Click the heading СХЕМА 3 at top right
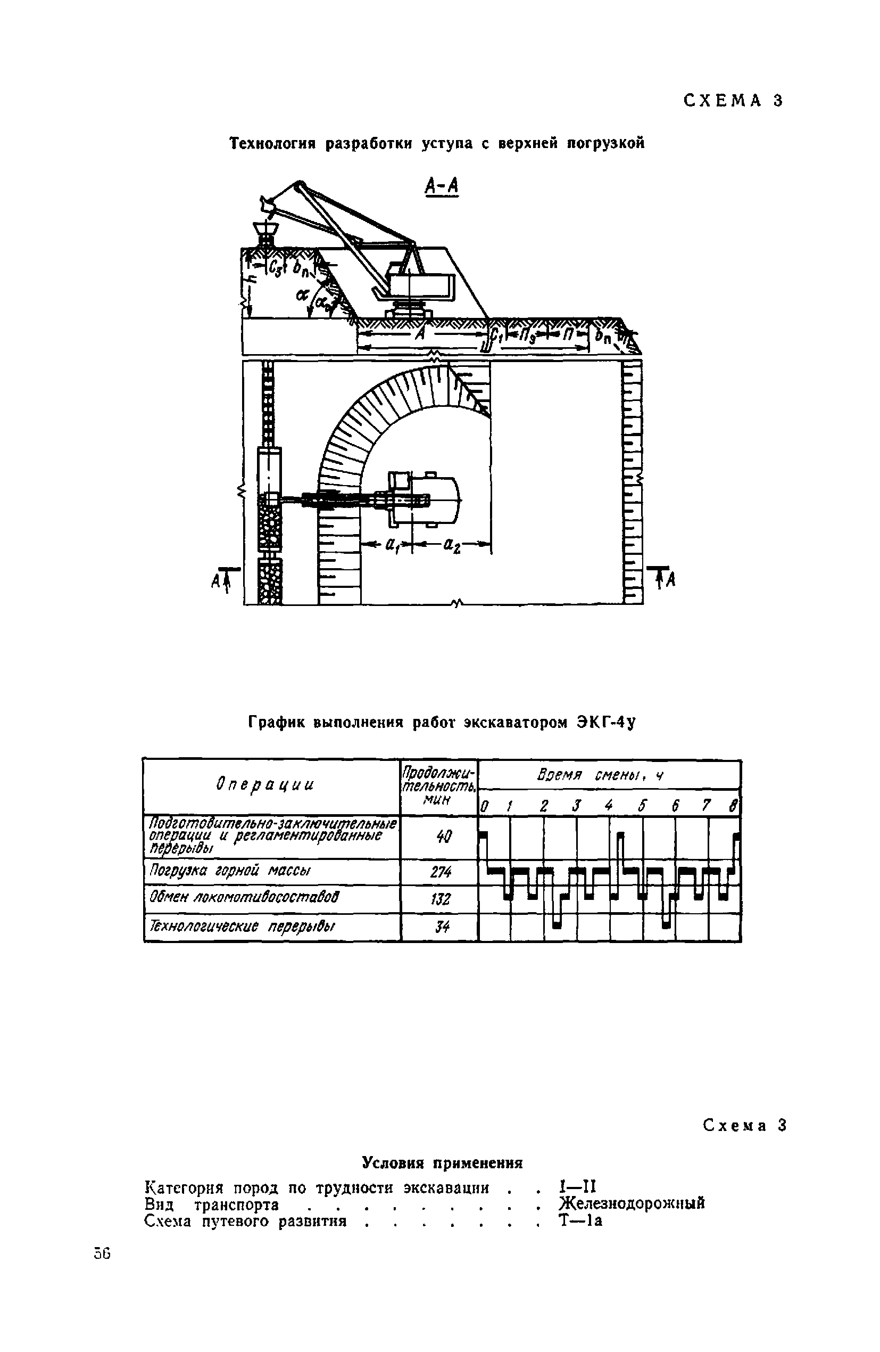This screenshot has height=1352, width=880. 733,101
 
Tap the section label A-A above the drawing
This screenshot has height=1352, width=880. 441,186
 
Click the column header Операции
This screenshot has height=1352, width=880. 264,785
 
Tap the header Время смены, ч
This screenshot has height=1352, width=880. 601,775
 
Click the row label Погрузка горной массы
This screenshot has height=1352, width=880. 230,871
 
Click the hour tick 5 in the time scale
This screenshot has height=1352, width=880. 642,806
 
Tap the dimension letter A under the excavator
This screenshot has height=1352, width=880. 421,334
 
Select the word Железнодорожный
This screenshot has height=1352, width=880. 632,1202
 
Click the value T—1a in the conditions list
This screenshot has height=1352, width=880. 580,1220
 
